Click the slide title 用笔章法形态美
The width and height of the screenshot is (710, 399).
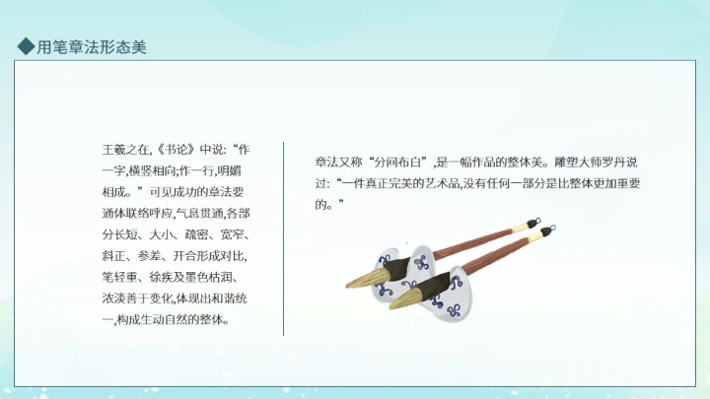coord(92,45)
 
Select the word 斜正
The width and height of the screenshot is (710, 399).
coord(114,256)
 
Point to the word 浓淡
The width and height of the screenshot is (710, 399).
coord(114,299)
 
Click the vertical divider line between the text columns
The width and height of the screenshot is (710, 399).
coord(284,236)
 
